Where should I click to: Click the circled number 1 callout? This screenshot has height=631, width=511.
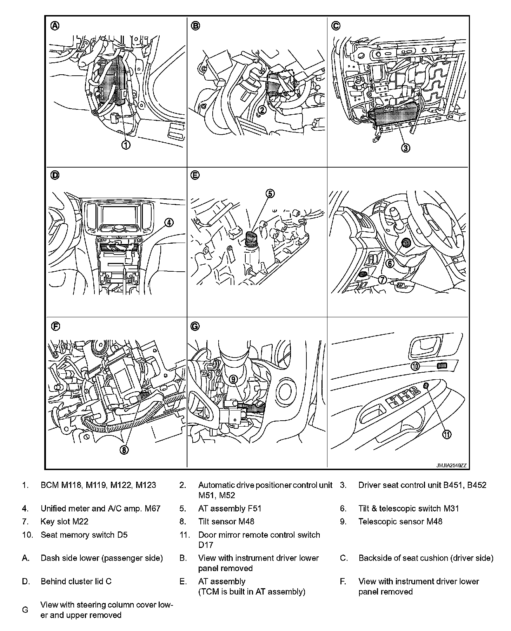[126, 144]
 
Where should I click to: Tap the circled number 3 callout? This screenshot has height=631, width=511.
[405, 148]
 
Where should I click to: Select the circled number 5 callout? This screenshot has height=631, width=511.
[270, 194]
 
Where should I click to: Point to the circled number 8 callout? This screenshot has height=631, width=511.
[124, 450]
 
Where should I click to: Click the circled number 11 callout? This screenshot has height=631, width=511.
[446, 434]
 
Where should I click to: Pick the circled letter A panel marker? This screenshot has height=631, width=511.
[55, 25]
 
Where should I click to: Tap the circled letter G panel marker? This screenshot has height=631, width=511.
[195, 326]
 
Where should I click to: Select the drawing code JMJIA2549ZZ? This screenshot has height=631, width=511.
[451, 466]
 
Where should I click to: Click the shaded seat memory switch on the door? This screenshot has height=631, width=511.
[442, 366]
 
